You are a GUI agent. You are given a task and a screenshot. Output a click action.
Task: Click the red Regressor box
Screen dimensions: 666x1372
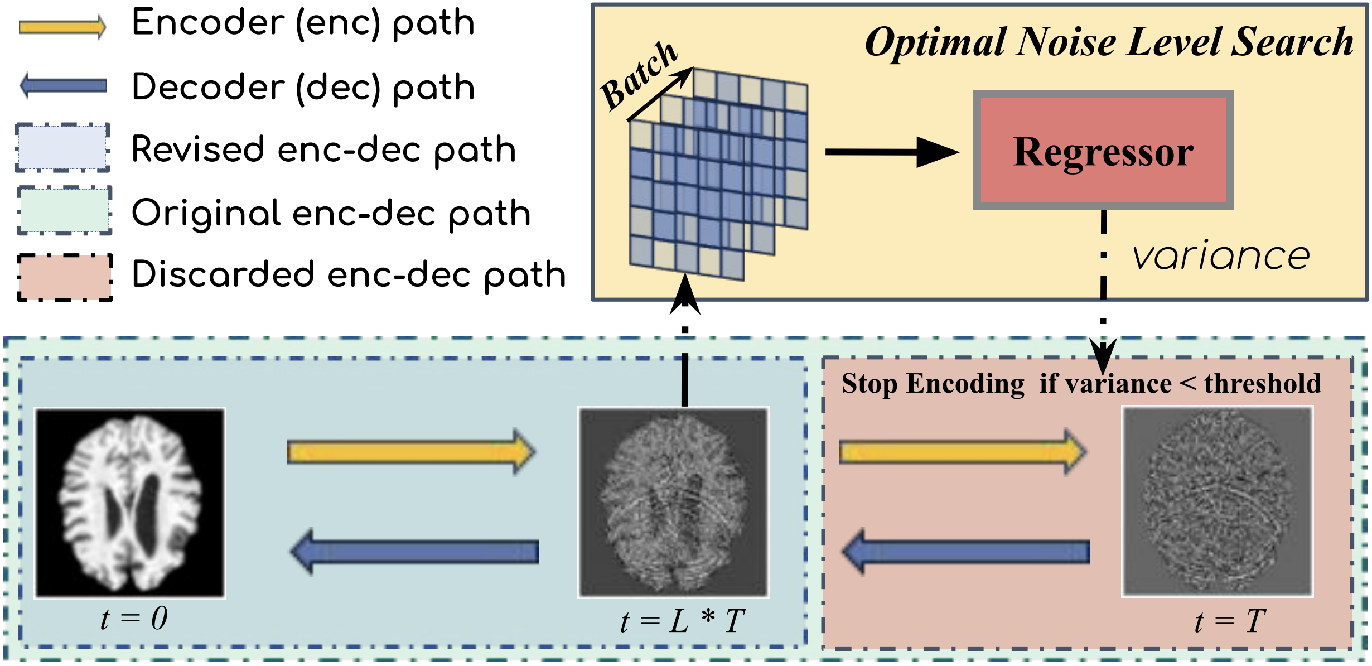point(1103,151)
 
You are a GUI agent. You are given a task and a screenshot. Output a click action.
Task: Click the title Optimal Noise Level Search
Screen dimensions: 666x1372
point(1108,42)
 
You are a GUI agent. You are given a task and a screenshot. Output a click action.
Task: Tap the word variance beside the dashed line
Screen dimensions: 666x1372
point(1220,256)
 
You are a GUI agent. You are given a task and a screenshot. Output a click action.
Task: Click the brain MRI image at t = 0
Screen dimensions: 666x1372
point(131,503)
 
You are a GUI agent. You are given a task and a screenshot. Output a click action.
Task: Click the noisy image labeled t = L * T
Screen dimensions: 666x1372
point(673,503)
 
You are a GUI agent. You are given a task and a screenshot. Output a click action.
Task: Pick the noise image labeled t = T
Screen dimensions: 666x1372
point(1217,501)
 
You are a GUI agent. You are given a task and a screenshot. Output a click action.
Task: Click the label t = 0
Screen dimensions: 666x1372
point(134,619)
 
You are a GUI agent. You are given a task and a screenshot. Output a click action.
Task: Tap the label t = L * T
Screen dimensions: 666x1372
point(682,621)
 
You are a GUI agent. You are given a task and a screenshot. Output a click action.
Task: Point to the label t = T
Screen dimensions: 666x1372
point(1230,621)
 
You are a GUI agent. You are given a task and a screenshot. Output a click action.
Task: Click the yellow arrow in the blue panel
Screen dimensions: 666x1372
point(411,451)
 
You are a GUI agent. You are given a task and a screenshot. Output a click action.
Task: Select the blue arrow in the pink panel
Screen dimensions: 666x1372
point(965,552)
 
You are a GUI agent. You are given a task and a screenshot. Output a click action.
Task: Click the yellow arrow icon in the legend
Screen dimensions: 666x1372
point(62,27)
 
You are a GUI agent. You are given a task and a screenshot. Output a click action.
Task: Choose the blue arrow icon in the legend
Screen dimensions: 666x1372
point(63,86)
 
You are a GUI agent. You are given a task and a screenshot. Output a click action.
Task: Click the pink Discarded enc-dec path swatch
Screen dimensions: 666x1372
point(65,277)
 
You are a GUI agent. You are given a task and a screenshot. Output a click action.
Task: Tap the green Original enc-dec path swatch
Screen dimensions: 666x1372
point(65,210)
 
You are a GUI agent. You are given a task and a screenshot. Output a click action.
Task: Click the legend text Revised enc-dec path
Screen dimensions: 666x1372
point(323,149)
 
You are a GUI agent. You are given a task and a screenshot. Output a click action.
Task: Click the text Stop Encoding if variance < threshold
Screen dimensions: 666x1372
point(1081,384)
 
